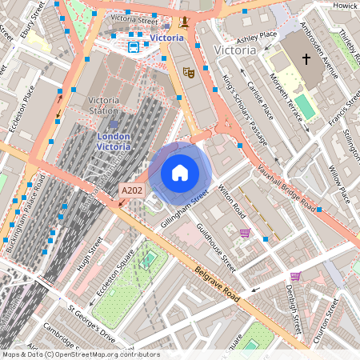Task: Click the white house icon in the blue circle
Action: pyautogui.click(x=180, y=173)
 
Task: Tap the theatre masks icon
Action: pyautogui.click(x=190, y=72)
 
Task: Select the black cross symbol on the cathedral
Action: pyautogui.click(x=305, y=59)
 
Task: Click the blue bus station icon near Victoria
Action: pyautogui.click(x=133, y=46)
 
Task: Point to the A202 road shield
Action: pyautogui.click(x=130, y=190)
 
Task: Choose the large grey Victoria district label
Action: pyautogui.click(x=236, y=50)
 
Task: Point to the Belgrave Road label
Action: pyautogui.click(x=217, y=283)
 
